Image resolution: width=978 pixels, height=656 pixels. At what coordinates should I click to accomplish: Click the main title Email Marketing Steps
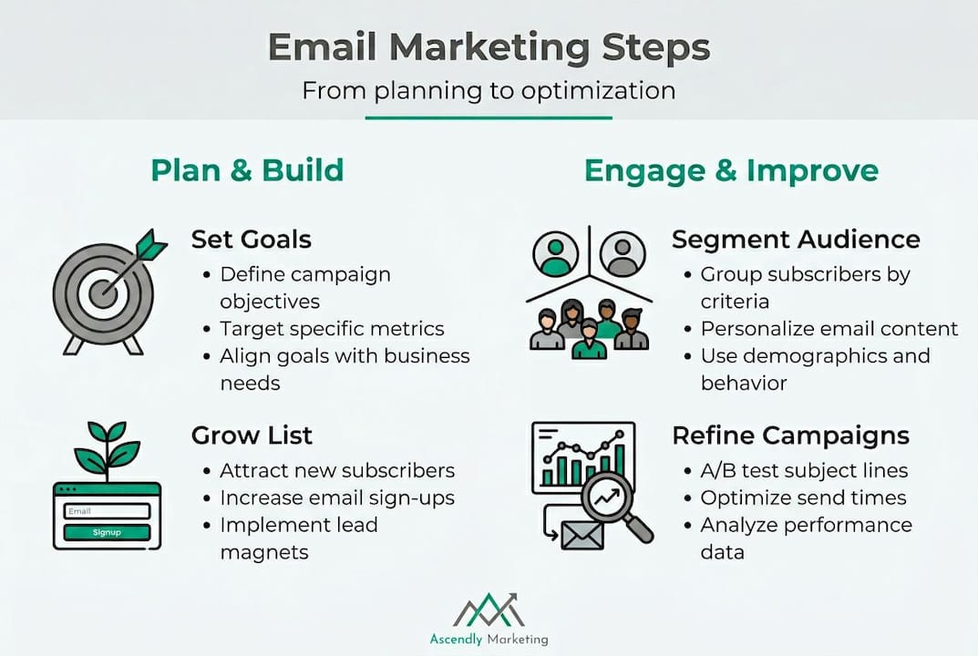click(489, 48)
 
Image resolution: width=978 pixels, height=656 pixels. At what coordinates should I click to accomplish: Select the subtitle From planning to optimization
click(489, 91)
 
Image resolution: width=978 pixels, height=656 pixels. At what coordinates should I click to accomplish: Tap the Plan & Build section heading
click(247, 170)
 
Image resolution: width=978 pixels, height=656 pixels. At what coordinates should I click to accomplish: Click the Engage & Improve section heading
click(731, 170)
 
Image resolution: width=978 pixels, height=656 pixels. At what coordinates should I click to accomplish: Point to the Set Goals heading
click(252, 240)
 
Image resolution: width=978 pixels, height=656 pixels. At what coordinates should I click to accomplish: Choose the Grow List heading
click(252, 436)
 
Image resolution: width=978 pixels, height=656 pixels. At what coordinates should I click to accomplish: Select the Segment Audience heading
click(796, 240)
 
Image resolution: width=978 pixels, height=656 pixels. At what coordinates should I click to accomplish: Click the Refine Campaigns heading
click(790, 436)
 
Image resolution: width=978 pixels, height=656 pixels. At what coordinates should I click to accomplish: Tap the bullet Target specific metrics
click(332, 329)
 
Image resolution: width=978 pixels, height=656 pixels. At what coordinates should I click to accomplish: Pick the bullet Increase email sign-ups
click(336, 497)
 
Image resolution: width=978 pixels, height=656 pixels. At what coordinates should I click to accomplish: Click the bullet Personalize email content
click(829, 329)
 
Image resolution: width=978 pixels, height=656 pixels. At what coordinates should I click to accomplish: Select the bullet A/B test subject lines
click(804, 471)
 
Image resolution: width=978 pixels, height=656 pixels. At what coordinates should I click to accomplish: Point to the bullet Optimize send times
click(803, 497)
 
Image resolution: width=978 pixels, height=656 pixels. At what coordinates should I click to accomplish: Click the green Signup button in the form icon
click(107, 532)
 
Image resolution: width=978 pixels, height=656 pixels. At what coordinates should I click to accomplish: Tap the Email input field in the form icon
click(107, 511)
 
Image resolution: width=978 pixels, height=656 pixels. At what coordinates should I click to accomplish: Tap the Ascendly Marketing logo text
click(489, 639)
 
